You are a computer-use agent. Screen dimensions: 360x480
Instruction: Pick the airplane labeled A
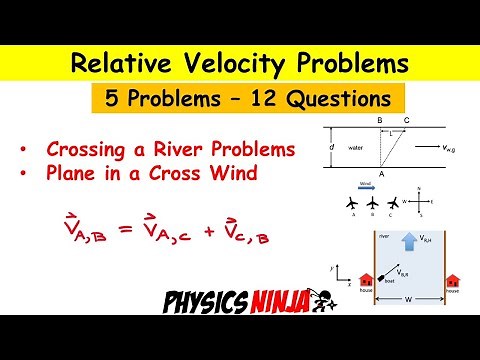[350, 204]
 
